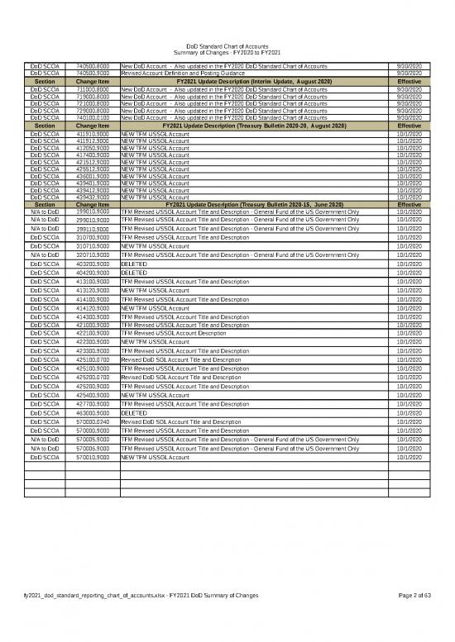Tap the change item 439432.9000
click(92, 197)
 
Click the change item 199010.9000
click(92, 212)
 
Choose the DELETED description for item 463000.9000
click(134, 411)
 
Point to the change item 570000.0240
click(92, 421)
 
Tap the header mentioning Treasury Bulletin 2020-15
click(255, 203)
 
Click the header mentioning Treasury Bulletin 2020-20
click(255, 125)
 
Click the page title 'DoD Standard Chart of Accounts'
click(227, 46)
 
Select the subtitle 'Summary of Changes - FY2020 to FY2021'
click(227, 54)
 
